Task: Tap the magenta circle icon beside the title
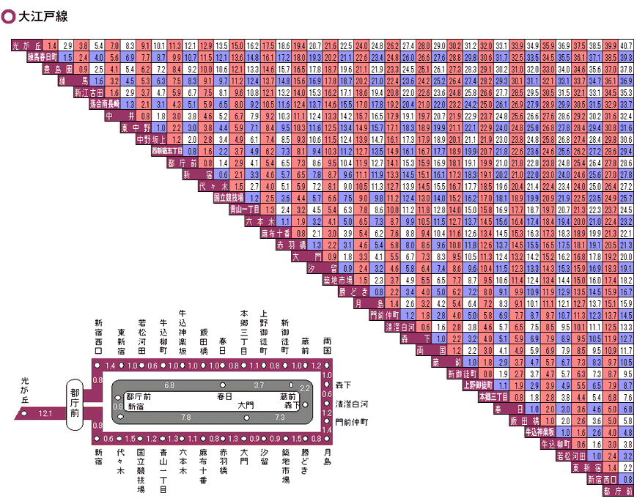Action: (x=10, y=15)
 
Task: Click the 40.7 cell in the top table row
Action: (x=627, y=46)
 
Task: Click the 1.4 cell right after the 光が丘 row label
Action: (x=51, y=46)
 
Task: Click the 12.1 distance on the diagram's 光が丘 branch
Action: (x=45, y=414)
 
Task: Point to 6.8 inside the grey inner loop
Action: (x=169, y=385)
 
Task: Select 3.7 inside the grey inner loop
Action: (x=259, y=385)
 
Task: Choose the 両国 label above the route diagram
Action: (x=327, y=346)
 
